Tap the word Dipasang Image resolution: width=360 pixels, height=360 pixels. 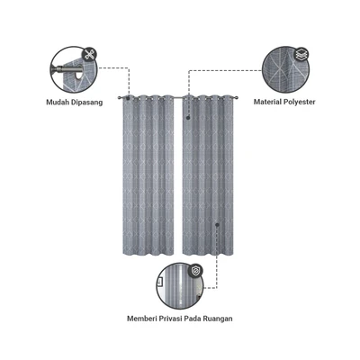[x=87, y=103]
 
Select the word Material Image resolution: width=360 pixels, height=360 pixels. [x=266, y=102]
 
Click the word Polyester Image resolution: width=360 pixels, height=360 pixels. [x=299, y=103]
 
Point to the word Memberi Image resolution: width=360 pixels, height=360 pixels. [x=142, y=319]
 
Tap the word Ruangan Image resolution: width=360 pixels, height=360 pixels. [x=218, y=319]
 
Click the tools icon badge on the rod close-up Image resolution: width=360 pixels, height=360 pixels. [x=89, y=55]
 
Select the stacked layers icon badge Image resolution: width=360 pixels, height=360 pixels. [x=301, y=54]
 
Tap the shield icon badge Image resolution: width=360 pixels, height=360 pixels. [x=195, y=271]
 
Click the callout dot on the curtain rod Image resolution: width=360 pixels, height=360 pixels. [x=128, y=97]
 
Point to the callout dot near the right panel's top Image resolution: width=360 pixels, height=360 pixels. [x=188, y=118]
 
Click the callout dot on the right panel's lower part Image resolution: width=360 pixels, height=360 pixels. [x=217, y=224]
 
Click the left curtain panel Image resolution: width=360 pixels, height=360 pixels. [x=148, y=175]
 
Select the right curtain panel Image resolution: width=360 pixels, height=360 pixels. [x=208, y=175]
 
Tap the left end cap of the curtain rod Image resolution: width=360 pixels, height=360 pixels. [x=120, y=97]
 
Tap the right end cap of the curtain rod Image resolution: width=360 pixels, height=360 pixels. [x=237, y=97]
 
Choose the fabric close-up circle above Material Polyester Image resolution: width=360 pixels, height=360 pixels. [x=285, y=70]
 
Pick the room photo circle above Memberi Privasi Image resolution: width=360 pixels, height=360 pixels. [x=180, y=286]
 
